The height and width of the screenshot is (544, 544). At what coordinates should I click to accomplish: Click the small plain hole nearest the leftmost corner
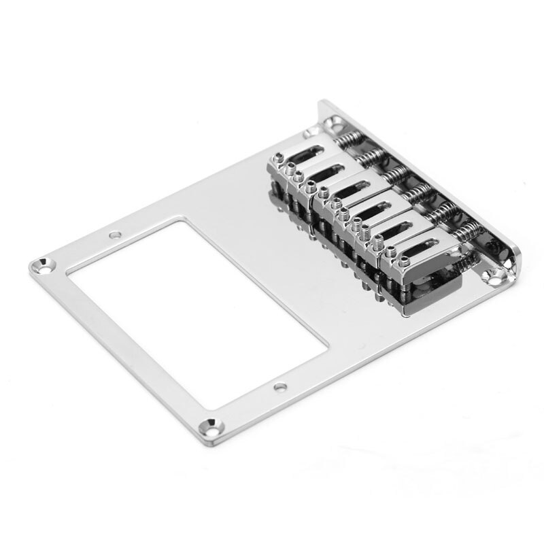pos(114,236)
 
